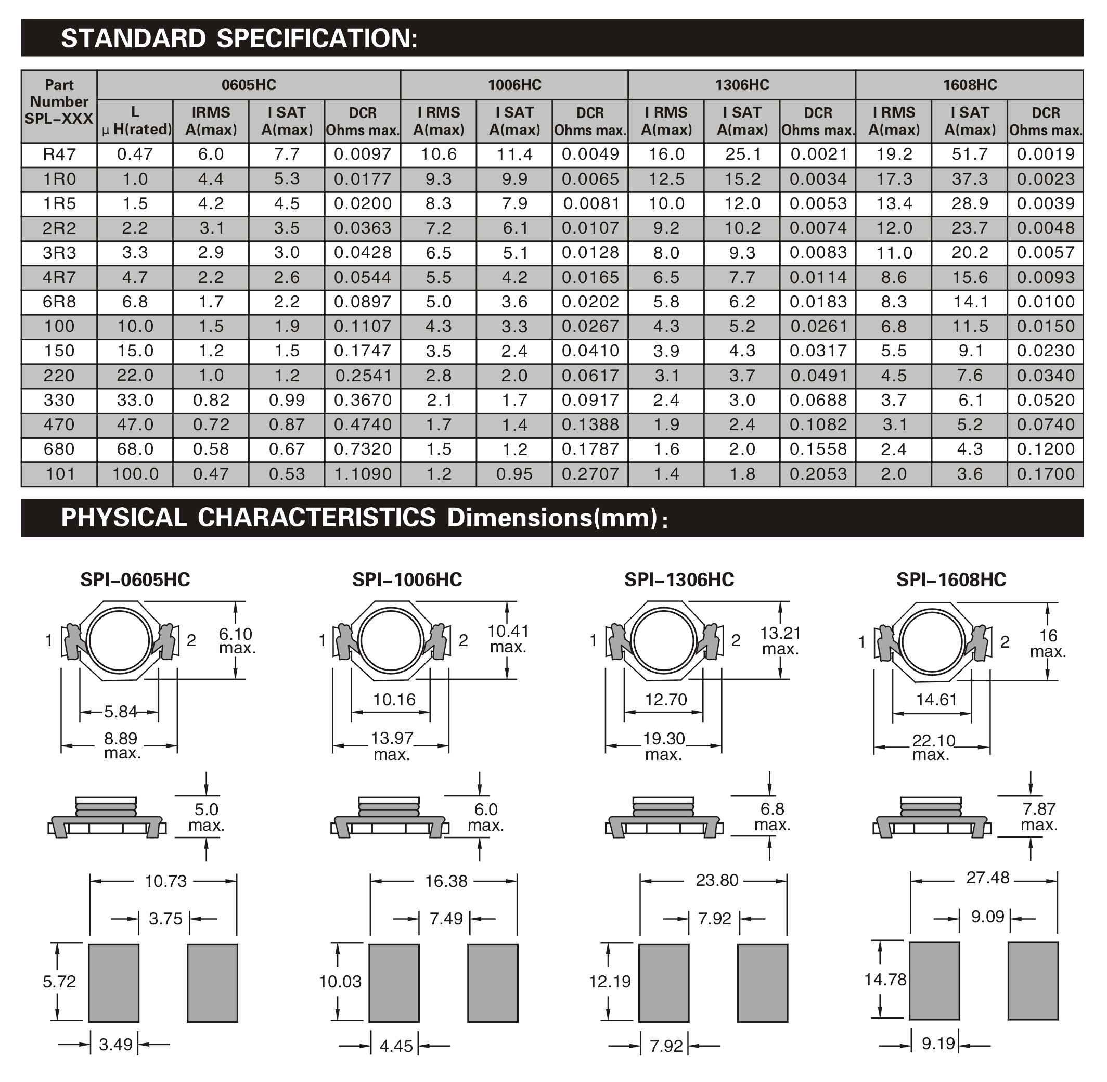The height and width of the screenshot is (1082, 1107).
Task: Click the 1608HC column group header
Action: click(970, 85)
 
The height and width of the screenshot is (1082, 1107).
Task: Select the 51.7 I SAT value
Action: click(970, 154)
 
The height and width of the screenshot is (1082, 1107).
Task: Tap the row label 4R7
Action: click(59, 277)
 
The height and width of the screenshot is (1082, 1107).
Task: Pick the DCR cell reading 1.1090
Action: click(363, 474)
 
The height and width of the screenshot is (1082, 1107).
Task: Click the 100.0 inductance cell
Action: click(135, 474)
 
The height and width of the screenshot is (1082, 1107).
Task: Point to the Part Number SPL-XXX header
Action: click(59, 102)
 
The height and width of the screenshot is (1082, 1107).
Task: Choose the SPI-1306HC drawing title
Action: click(679, 579)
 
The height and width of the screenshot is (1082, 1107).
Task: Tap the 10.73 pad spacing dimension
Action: click(165, 881)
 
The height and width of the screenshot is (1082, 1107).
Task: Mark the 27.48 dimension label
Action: click(988, 878)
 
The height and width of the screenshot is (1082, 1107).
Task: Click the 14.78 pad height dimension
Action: click(885, 979)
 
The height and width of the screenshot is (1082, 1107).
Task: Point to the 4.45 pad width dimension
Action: click(396, 1046)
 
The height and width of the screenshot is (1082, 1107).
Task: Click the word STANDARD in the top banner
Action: click(133, 38)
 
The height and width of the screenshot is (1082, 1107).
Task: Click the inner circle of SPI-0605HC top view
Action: click(119, 640)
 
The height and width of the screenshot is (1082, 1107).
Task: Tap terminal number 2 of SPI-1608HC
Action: click(1005, 641)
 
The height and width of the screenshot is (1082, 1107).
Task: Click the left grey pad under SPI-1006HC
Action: click(394, 983)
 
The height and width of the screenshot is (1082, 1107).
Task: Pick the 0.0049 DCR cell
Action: click(590, 154)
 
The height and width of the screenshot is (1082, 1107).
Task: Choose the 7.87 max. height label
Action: click(1039, 817)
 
